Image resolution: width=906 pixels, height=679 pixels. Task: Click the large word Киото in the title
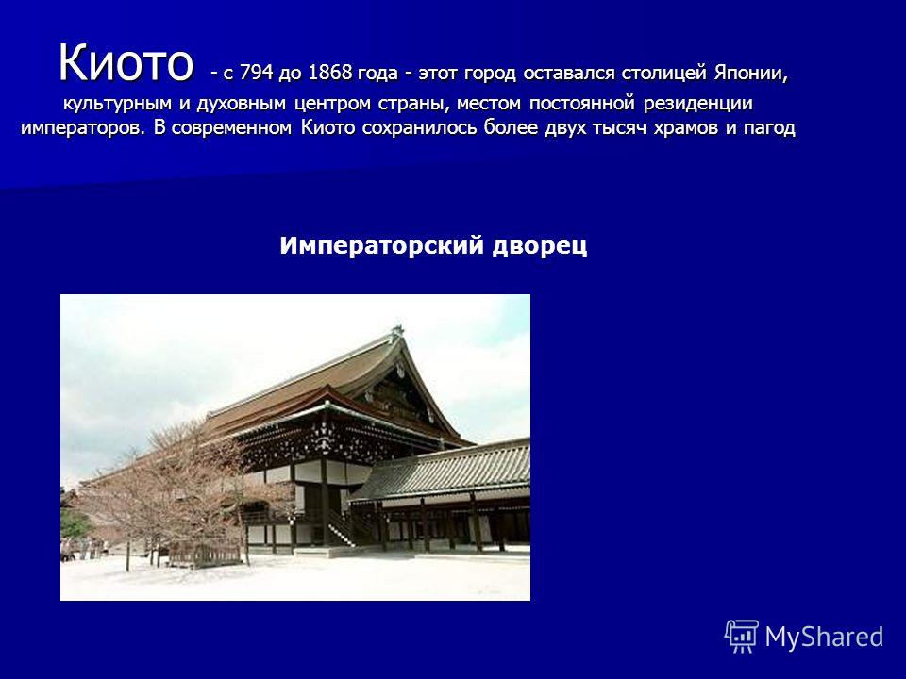tap(125, 62)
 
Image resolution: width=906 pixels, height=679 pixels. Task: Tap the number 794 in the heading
tap(256, 74)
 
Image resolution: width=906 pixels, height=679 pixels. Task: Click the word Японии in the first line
tap(750, 74)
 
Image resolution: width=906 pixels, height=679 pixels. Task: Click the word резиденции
tap(698, 105)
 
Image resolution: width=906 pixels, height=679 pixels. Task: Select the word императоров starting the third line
tap(83, 128)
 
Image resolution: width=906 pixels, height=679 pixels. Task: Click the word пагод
tap(769, 127)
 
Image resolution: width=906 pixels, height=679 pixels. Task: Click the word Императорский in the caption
tap(381, 246)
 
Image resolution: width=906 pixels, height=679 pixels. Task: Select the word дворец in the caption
tap(540, 246)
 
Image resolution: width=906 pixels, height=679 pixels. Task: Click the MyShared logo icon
tap(742, 636)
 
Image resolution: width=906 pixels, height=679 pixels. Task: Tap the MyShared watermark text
tap(825, 637)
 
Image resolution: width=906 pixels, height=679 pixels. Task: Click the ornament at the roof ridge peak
tap(396, 331)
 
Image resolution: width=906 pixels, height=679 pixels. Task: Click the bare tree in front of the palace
tap(174, 490)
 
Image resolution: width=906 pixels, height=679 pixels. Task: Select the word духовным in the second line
tap(242, 105)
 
